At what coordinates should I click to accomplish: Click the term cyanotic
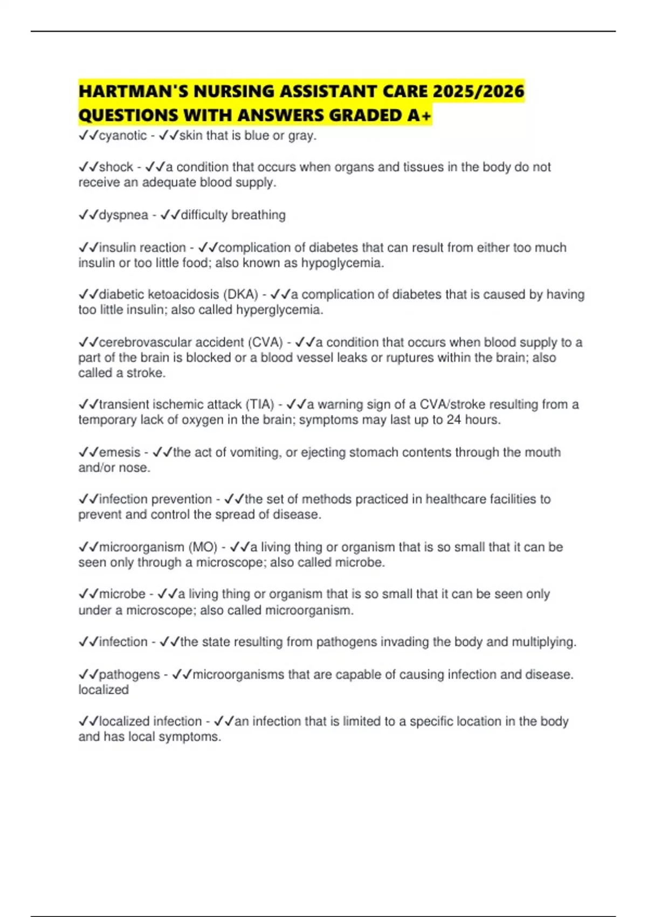click(x=123, y=135)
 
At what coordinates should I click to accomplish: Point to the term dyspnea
click(x=123, y=215)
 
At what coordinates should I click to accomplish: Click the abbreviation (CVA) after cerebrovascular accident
click(x=265, y=343)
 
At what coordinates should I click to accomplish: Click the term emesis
click(x=120, y=453)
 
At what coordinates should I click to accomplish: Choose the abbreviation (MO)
click(x=203, y=547)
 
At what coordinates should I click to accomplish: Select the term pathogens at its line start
click(x=129, y=674)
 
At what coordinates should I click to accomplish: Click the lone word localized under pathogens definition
click(x=104, y=690)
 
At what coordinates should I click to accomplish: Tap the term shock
click(x=116, y=167)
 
